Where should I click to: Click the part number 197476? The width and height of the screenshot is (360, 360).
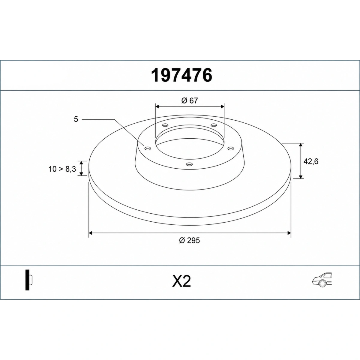pos(181,76)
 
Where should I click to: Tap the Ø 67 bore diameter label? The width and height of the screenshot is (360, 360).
pos(189,101)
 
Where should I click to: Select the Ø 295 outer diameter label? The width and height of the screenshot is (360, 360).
pos(189,240)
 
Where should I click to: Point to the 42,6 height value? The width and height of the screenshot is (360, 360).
pos(311,161)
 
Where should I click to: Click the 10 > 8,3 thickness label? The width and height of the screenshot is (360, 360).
pos(62,169)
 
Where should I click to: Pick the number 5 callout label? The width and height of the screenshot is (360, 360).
pos(76,119)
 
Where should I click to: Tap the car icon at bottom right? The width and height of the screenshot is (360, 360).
pos(322,282)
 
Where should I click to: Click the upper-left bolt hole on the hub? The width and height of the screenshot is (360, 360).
pos(165,125)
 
